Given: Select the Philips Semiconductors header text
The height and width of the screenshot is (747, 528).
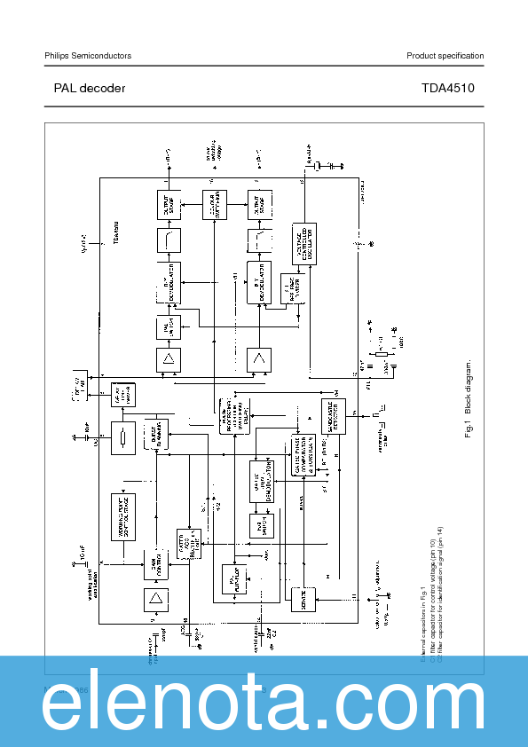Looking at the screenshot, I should pyautogui.click(x=88, y=56).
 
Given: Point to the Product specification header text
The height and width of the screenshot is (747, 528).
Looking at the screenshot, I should pyautogui.click(x=445, y=56).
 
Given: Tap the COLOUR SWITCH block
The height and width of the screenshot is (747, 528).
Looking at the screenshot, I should pyautogui.click(x=214, y=206).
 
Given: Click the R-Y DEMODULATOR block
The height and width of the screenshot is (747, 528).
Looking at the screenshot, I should pyautogui.click(x=169, y=281).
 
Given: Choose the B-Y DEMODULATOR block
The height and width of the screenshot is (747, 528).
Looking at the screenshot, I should pyautogui.click(x=258, y=283).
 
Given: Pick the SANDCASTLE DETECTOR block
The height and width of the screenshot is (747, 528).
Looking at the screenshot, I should pyautogui.click(x=333, y=415).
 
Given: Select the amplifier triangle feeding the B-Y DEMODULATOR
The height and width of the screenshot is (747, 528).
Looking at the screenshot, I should pyautogui.click(x=259, y=359).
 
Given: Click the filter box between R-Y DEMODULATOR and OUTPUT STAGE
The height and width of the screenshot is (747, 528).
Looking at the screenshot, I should pyautogui.click(x=169, y=240).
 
